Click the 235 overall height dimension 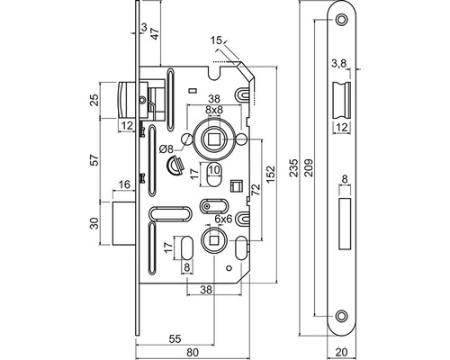click(295, 167)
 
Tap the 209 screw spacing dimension click(309, 167)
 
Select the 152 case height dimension click(271, 174)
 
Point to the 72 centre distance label click(256, 190)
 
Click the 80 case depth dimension click(193, 353)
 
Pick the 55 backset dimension click(175, 339)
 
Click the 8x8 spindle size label click(214, 110)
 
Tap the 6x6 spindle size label click(224, 220)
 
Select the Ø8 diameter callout click(166, 148)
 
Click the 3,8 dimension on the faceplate click(339, 63)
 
